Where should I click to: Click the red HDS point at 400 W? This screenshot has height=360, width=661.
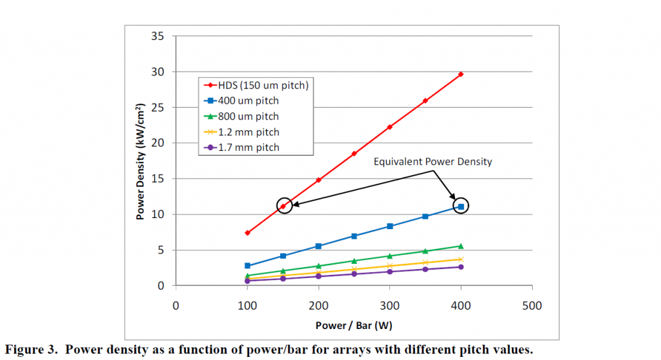pos(461,74)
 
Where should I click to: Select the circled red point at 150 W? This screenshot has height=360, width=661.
pos(283,206)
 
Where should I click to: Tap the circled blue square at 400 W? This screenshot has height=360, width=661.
pos(461,206)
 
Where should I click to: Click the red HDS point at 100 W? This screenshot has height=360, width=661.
pos(247,232)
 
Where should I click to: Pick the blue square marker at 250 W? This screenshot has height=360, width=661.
pos(354,236)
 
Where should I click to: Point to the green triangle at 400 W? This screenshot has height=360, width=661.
pos(461,246)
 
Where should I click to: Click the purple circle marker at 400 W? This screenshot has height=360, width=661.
pos(461,266)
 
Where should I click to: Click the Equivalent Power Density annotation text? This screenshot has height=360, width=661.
pos(432,161)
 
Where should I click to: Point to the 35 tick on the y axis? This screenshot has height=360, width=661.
pos(158,35)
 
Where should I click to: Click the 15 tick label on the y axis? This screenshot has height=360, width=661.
pos(158,179)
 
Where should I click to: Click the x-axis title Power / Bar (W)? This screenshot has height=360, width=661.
pos(354,325)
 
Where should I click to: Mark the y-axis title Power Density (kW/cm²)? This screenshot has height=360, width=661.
pos(140,161)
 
